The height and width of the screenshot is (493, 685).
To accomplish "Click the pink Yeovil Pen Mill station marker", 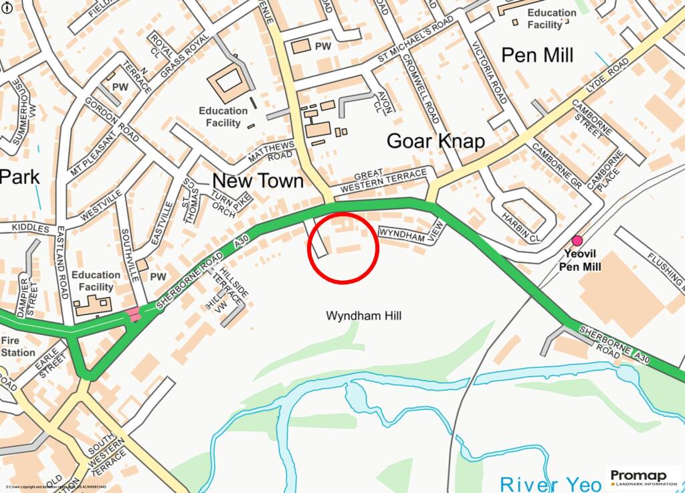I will click(x=577, y=241).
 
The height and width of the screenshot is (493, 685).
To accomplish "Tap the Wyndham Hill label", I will click(x=363, y=315).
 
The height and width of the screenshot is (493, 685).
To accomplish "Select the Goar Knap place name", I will click(x=435, y=141).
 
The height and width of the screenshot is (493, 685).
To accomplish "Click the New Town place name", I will click(x=258, y=181).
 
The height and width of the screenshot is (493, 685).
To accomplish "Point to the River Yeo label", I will click(x=551, y=483).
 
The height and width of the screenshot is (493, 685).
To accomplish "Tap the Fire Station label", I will click(x=18, y=346).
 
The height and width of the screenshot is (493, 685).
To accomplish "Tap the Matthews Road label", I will click(x=271, y=152).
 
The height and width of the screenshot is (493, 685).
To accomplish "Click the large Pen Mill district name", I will click(x=537, y=55).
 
